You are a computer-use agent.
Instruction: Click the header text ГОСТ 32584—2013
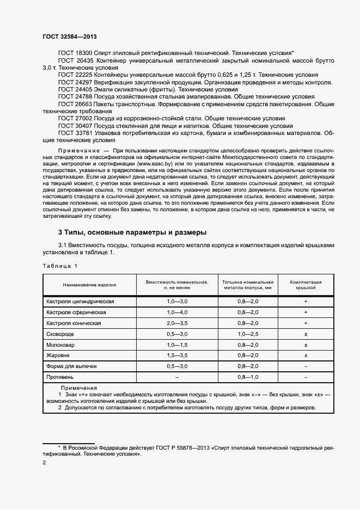(69, 36)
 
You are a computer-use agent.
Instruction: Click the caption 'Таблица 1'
(60, 265)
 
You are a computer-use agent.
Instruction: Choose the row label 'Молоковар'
(61, 345)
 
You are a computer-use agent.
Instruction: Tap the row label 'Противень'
(60, 377)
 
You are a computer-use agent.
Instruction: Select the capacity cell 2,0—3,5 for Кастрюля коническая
(177, 323)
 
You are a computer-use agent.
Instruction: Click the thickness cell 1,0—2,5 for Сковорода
(248, 334)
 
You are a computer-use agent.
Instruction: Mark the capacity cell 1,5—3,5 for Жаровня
(177, 355)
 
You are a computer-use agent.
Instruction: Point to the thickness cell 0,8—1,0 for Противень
(248, 377)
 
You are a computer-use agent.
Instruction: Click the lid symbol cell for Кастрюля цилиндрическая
(306, 302)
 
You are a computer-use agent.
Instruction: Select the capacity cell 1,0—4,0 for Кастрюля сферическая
(177, 312)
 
